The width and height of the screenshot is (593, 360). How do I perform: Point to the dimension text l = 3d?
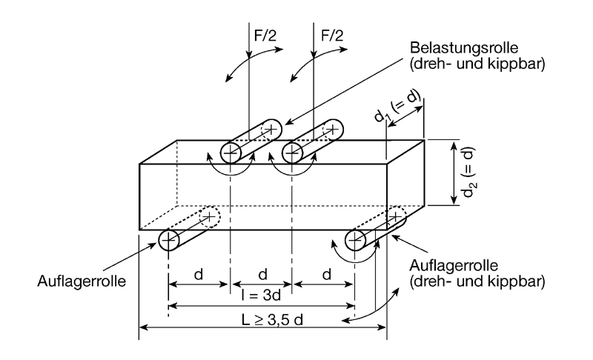tap(262, 296)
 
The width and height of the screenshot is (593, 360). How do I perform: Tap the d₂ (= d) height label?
tap(469, 175)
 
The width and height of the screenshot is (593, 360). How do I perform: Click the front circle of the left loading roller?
tap(231, 154)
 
